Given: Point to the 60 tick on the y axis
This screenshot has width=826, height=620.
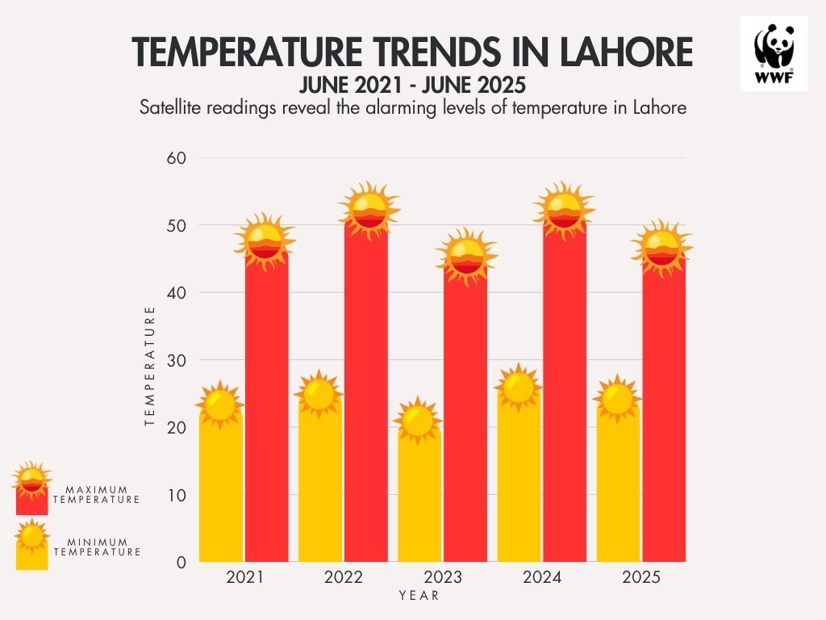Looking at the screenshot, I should point(177,158).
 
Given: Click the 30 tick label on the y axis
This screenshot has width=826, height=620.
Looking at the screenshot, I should point(177,360).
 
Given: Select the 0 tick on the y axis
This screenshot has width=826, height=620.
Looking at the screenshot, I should point(181,562).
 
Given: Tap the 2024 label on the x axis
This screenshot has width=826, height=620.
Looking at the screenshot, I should point(542,578).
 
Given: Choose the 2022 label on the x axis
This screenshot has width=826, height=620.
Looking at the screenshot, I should point(343,578).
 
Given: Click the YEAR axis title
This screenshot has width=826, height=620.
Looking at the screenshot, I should point(419,596).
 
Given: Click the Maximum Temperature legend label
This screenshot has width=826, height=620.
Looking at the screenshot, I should point(97,495).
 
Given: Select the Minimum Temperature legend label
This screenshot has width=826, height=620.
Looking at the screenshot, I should point(97,547).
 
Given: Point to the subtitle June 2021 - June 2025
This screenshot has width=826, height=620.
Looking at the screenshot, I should point(412,84).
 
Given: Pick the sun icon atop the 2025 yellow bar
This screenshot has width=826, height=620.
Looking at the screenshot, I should point(617,399).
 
